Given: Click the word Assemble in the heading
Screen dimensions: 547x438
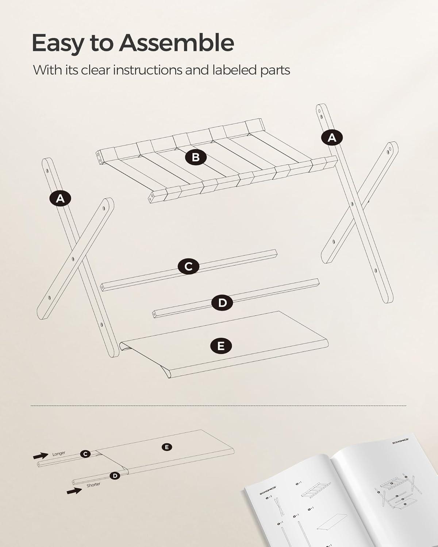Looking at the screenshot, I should (177, 43).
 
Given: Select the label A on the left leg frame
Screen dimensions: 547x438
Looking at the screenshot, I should (60, 198).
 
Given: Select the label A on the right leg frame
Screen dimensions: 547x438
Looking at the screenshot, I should (332, 137).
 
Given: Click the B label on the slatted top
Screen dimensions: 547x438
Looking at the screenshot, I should (196, 157).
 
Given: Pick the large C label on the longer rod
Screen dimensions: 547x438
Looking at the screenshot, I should (188, 266).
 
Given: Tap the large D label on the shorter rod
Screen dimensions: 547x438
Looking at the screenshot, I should (222, 302).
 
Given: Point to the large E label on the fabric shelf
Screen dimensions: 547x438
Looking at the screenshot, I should (221, 345).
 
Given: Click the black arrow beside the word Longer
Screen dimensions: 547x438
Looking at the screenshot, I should (41, 455).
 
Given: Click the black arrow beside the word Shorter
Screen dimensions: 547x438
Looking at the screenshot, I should (74, 491).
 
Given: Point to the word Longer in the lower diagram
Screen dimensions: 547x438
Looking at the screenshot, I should (59, 454).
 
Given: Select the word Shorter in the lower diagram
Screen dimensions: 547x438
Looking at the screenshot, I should (93, 485).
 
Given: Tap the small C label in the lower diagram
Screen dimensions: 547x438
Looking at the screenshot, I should (85, 454).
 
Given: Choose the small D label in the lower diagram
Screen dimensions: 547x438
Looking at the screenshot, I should (115, 476).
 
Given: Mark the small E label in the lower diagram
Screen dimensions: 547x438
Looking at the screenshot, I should (167, 447).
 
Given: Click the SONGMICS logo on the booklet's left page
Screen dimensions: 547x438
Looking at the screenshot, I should (268, 489).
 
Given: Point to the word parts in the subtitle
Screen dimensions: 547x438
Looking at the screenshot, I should (275, 70).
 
